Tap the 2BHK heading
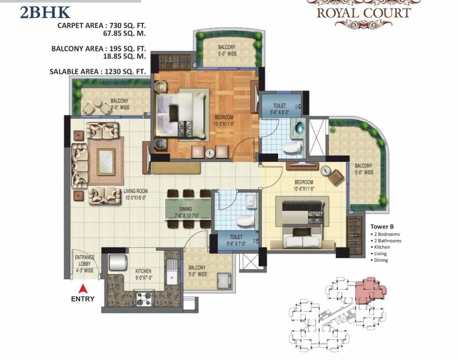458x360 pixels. coord(45,12)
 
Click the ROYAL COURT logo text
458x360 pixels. coord(364,13)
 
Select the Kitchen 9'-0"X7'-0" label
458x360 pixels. coord(143,274)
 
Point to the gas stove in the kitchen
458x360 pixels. coord(144,298)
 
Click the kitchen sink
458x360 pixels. coord(172,272)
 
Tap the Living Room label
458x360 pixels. coord(136,194)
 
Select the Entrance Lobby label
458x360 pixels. coord(85,263)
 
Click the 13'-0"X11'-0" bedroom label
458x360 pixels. coord(224,120)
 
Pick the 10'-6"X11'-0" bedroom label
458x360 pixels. coord(304,186)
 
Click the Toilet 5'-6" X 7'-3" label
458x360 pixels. coord(236,240)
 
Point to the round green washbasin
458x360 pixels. coord(299,128)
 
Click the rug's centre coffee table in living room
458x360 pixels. coord(106,162)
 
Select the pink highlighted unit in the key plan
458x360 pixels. coord(370,291)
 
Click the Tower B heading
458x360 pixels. coord(382,226)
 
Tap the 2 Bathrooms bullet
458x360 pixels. coord(386,240)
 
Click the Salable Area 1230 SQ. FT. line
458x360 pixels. coord(98,72)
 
